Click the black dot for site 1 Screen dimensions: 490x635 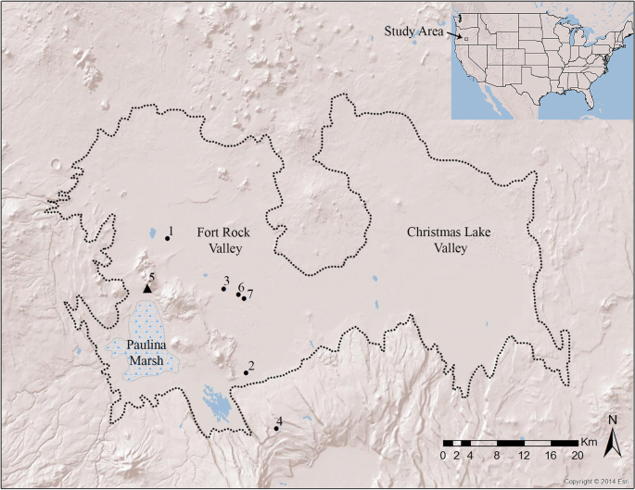(x=167, y=238)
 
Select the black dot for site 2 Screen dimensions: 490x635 (x=246, y=372)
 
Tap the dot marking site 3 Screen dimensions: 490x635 (x=223, y=289)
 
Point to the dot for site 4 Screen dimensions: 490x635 (x=276, y=429)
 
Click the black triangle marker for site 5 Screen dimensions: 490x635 (x=147, y=289)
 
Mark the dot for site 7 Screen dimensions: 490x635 (x=244, y=298)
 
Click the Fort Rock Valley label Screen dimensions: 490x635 (x=220, y=242)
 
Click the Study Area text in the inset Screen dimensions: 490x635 (x=414, y=31)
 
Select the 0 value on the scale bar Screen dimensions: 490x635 (x=444, y=457)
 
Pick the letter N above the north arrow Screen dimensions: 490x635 (x=612, y=420)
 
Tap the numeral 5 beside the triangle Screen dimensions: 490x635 (x=151, y=276)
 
